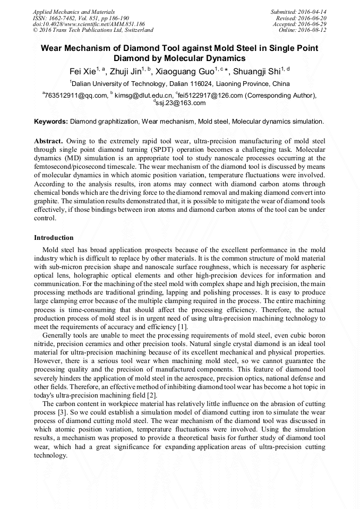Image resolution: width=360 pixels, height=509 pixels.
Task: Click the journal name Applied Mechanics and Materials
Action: [74, 12]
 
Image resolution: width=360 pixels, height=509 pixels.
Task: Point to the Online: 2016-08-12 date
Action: [303, 30]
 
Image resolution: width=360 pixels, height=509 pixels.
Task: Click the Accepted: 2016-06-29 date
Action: [300, 24]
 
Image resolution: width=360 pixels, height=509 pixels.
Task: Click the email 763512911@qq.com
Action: [76, 96]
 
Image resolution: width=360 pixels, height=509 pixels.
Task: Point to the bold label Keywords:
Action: [51, 122]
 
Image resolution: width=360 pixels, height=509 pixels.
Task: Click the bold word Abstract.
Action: [48, 142]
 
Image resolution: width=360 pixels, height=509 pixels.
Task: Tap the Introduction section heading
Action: [54, 237]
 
